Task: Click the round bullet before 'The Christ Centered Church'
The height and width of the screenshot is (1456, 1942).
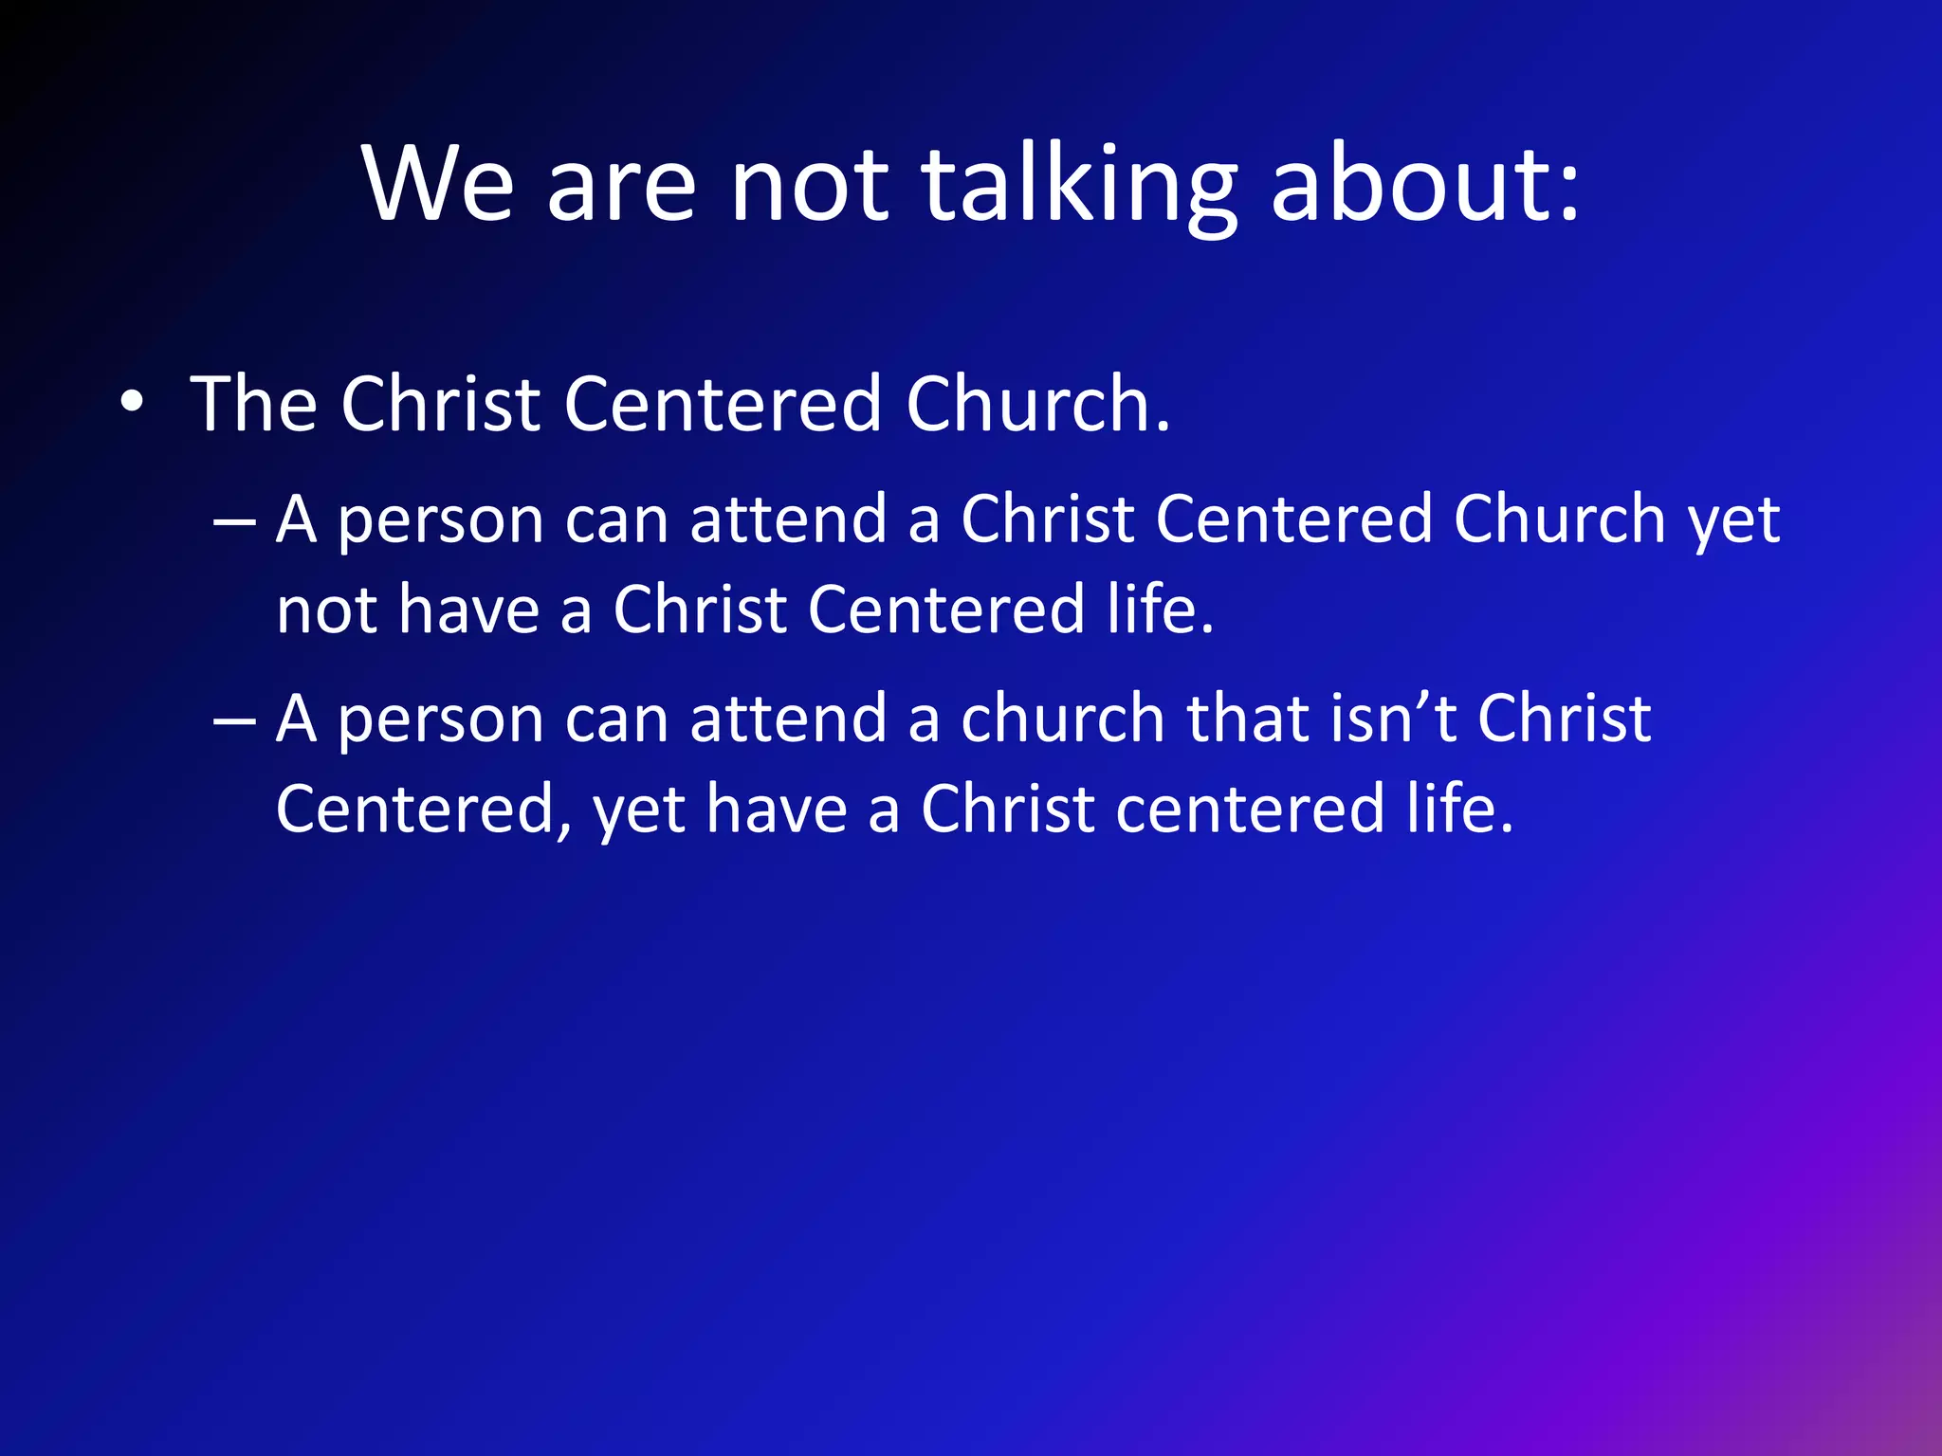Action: pos(132,404)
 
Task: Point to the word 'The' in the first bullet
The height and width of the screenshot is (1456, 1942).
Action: pos(253,404)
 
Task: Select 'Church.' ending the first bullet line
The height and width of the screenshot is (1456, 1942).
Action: pos(1037,404)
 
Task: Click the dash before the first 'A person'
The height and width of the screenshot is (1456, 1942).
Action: pos(234,521)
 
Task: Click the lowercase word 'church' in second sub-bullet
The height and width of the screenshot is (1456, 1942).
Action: pos(1062,718)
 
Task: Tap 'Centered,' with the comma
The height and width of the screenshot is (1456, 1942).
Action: pos(424,810)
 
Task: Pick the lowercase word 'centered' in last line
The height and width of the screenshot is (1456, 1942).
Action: pos(1250,810)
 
